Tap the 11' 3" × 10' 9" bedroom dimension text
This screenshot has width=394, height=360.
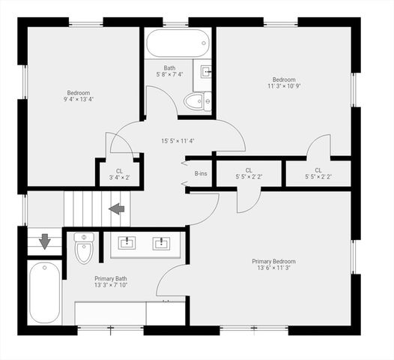(283, 86)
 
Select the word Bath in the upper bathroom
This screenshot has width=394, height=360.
(169, 67)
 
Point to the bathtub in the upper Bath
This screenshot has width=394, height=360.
(178, 43)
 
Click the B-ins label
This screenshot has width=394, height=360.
(201, 174)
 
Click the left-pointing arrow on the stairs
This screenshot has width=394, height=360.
(117, 208)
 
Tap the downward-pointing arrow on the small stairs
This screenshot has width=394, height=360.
(44, 241)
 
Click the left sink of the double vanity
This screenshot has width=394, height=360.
(127, 242)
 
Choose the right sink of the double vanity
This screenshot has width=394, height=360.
(160, 242)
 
